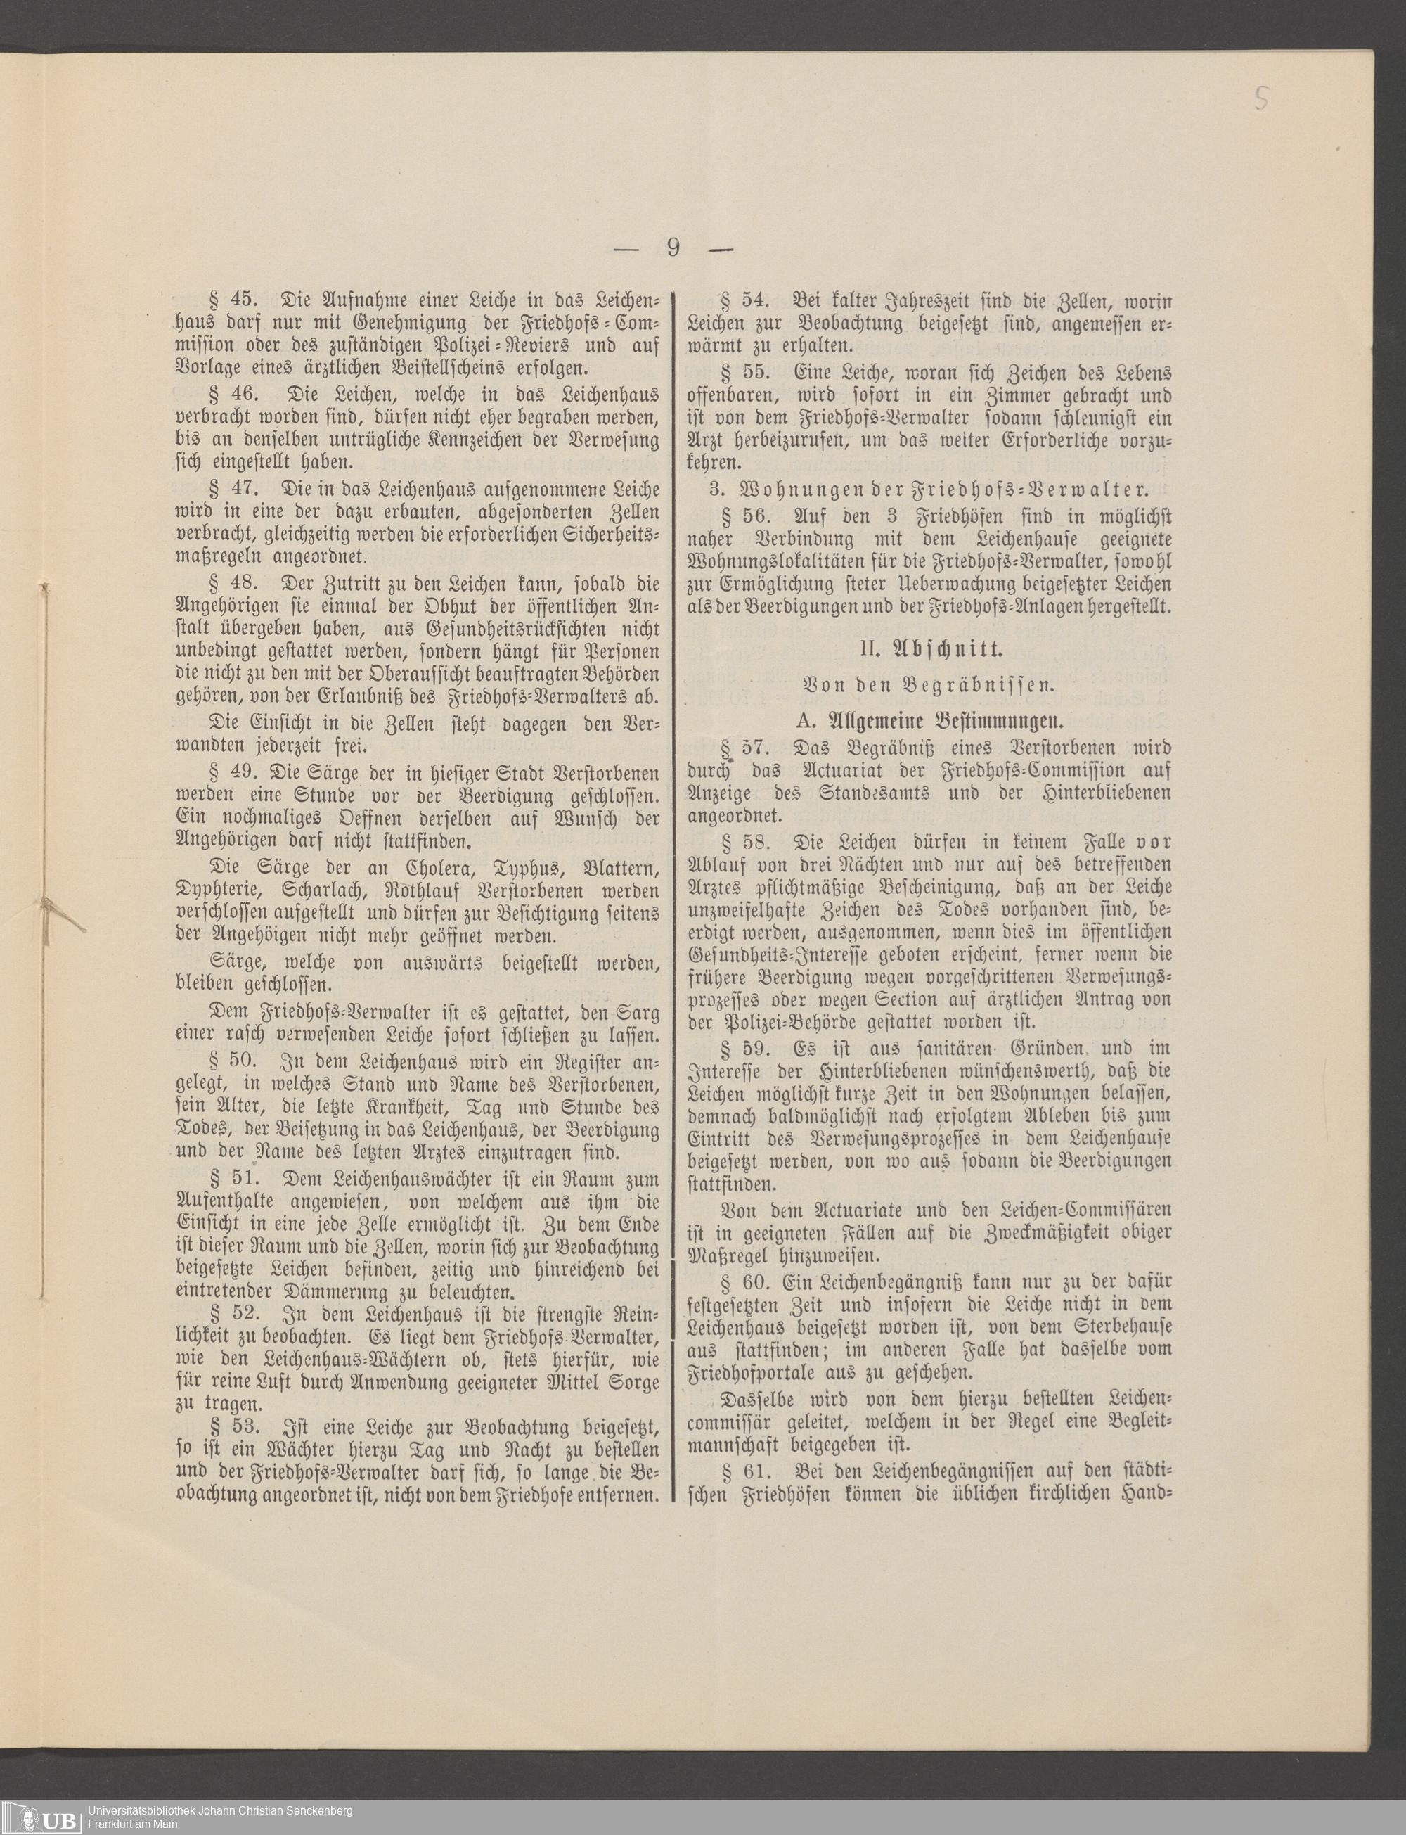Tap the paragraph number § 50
click(228, 1061)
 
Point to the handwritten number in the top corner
click(1262, 98)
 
